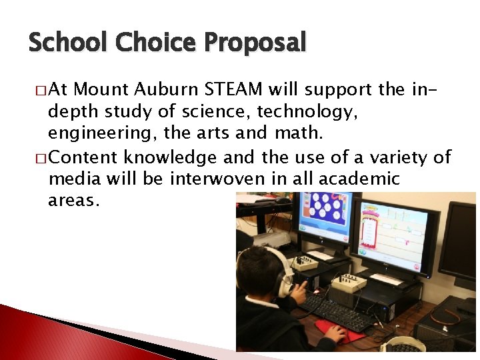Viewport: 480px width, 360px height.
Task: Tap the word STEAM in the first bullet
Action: click(233, 89)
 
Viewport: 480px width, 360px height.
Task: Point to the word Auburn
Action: click(166, 89)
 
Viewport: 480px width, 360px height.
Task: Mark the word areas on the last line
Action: click(73, 201)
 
